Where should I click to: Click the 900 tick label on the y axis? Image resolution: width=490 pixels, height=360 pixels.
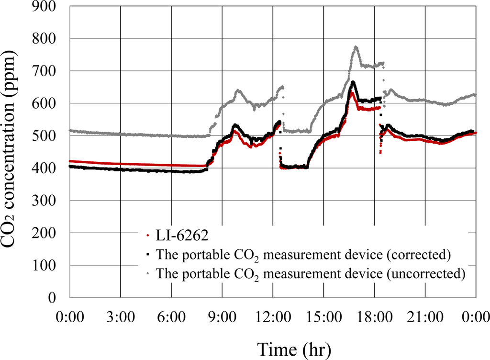tap(49, 6)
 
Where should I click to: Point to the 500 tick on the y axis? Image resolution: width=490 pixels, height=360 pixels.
tap(49, 136)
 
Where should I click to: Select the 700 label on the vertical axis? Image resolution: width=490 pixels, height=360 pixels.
tap(49, 71)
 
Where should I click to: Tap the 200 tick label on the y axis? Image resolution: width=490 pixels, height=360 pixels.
tap(49, 233)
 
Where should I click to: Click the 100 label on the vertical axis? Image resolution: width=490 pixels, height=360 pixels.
tap(49, 265)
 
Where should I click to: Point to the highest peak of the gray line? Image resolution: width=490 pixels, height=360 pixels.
tap(356, 47)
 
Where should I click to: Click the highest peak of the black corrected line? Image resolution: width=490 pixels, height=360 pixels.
tap(353, 82)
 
